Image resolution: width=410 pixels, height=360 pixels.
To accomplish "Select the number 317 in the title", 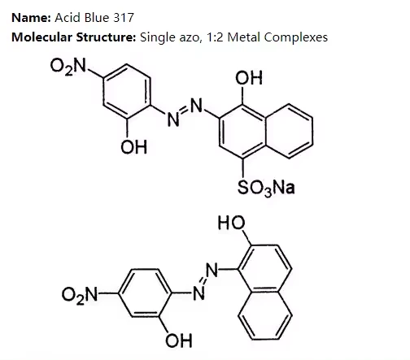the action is (x=124, y=18).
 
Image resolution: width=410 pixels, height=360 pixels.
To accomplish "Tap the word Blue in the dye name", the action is (x=97, y=18).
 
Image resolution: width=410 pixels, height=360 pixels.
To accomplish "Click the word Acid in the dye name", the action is (x=68, y=18).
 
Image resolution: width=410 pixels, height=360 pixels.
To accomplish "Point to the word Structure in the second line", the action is (x=106, y=37).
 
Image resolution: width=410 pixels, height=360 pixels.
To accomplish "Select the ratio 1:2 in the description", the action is (x=215, y=37).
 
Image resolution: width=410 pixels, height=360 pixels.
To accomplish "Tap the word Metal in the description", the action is (x=244, y=37).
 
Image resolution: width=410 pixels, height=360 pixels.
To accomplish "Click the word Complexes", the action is (x=296, y=37).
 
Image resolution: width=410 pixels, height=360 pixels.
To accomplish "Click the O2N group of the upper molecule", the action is (x=68, y=67).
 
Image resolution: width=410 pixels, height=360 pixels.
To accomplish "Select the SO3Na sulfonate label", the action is (x=266, y=188).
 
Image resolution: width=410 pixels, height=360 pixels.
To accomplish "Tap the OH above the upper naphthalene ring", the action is (x=249, y=78).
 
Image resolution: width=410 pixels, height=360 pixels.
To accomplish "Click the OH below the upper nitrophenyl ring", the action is (x=133, y=147).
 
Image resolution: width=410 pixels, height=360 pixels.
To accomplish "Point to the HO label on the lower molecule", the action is (x=231, y=223).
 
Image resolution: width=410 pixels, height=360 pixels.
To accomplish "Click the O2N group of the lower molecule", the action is (x=80, y=295).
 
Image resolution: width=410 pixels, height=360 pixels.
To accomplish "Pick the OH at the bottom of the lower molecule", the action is (x=179, y=340).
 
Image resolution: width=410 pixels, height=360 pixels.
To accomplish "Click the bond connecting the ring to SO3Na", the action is (x=242, y=168).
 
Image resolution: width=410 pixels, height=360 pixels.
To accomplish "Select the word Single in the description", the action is (x=157, y=38).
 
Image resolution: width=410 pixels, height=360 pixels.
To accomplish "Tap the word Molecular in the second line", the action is (x=42, y=37).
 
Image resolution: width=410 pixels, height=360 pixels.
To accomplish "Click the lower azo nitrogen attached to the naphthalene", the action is (x=212, y=270).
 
